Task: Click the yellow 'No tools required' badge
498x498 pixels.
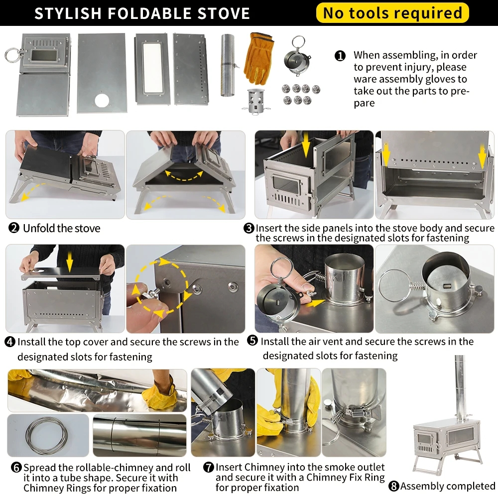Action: click(x=392, y=13)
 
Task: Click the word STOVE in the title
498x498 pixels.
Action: click(x=224, y=13)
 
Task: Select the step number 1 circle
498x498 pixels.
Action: click(x=340, y=56)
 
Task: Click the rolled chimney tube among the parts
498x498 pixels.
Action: click(x=228, y=65)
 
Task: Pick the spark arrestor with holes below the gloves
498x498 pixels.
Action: click(x=256, y=101)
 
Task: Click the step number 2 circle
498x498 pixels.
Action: click(x=14, y=228)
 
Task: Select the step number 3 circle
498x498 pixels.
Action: click(x=249, y=228)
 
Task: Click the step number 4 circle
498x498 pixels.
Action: click(x=10, y=342)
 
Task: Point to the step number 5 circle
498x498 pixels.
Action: click(x=252, y=341)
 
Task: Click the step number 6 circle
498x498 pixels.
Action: click(x=16, y=467)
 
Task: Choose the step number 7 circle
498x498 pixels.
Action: click(x=209, y=467)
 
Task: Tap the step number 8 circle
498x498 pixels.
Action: click(x=394, y=486)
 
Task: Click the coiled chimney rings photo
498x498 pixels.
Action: click(x=48, y=435)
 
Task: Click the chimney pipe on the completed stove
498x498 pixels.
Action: click(x=459, y=387)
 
